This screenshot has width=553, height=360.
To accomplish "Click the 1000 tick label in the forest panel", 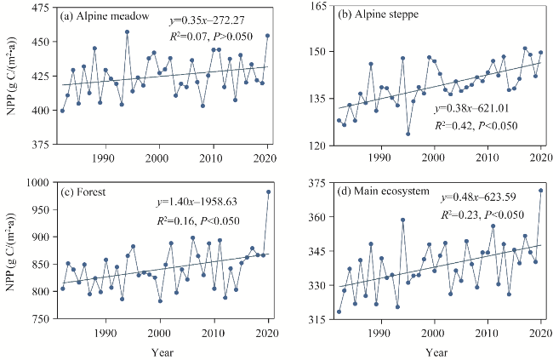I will click(37, 182).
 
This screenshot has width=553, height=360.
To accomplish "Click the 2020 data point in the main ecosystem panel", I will click(541, 191).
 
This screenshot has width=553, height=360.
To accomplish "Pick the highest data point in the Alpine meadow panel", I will click(127, 32).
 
